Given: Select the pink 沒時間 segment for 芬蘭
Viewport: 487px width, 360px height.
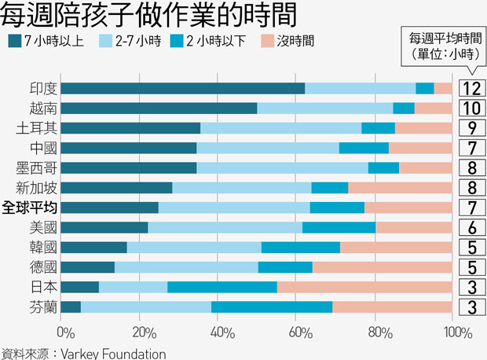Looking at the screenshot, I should coord(392,307).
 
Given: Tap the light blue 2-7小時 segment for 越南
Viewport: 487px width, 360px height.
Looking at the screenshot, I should coord(324,108).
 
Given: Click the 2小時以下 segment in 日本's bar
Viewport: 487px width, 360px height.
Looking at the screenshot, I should coord(222,287).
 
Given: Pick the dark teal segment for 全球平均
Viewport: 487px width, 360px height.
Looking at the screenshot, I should coord(109,208).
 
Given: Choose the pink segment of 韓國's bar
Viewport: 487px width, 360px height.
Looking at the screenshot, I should coord(396,247).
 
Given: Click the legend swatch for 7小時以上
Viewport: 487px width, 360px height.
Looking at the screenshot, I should coord(15,39).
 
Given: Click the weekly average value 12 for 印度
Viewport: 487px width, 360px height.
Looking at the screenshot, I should coord(471,88).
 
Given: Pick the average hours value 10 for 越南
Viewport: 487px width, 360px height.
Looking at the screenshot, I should coord(471,108).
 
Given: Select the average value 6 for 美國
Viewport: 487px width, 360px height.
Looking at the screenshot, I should coord(471,227).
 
